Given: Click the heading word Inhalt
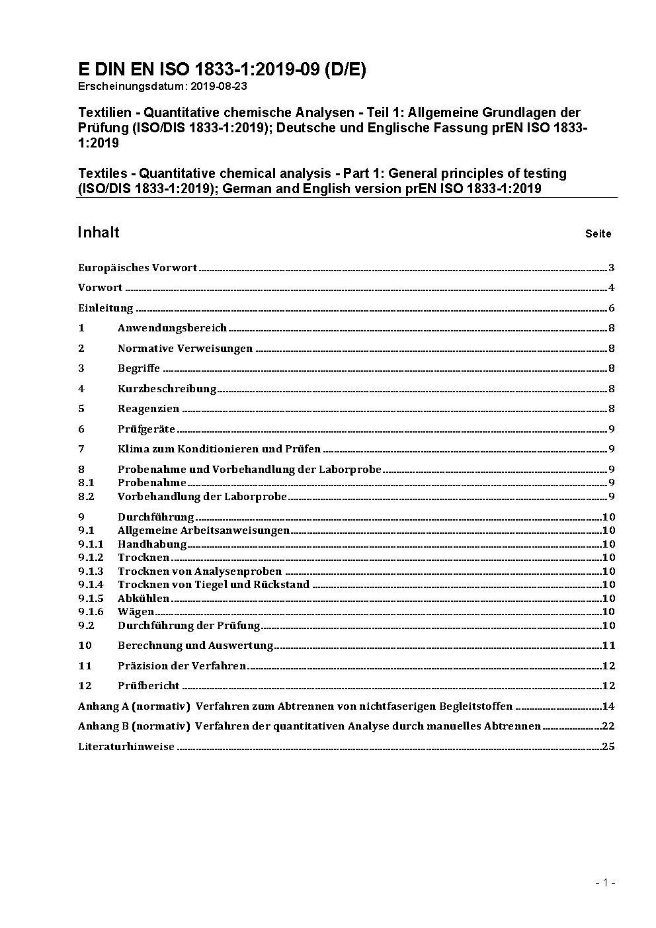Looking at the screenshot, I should [99, 232].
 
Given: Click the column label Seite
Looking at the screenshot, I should [598, 233].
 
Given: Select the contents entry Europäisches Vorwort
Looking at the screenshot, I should [138, 268].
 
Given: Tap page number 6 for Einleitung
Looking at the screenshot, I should [612, 308].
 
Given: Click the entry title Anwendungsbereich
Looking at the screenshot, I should [172, 328].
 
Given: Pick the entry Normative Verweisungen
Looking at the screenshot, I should [185, 349].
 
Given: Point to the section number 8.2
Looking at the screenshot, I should [87, 496].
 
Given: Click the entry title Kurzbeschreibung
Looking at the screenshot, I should [167, 389].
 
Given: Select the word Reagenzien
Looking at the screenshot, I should [148, 409].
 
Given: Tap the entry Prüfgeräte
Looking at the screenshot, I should [146, 429].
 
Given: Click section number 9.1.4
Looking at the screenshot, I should [91, 585].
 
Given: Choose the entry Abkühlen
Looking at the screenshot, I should [143, 599].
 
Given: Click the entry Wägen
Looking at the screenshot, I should [136, 612].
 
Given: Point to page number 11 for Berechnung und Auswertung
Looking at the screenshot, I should [608, 646].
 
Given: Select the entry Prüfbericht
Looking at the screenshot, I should [149, 686].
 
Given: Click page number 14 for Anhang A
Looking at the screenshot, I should [608, 706].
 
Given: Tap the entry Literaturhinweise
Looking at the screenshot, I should [126, 747].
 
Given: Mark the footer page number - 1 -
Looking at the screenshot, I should [605, 882].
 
